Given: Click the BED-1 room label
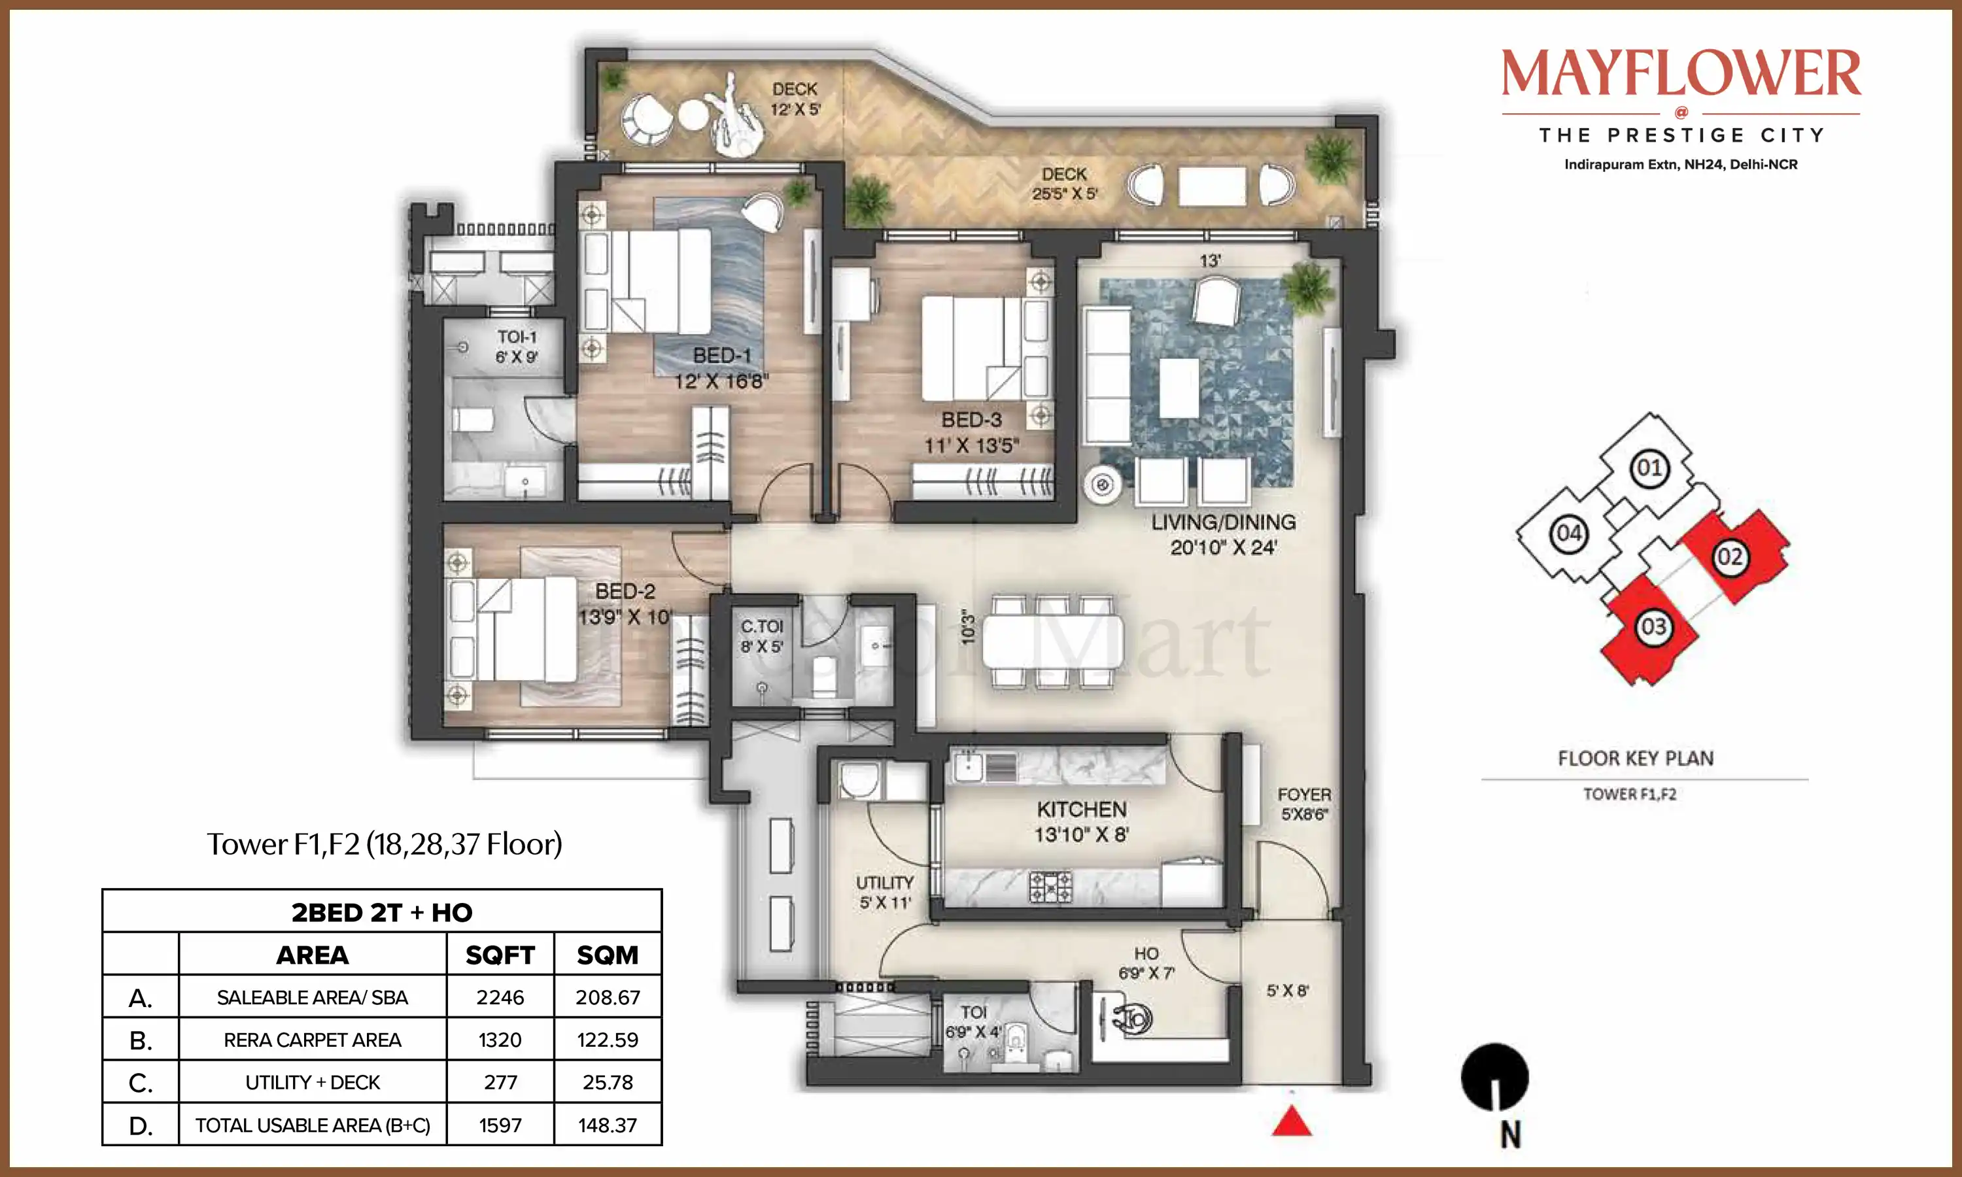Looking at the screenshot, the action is coord(721,355).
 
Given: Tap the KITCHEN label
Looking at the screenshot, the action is coord(1082,809).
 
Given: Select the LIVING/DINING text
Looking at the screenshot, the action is coord(1224,522).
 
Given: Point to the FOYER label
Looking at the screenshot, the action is coord(1304,794).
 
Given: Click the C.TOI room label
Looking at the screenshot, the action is coord(761,626).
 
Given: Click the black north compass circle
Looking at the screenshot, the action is coord(1494,1076).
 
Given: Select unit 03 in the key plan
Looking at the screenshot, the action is coord(1653,627).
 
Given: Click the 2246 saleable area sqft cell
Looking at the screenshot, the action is coord(500,997).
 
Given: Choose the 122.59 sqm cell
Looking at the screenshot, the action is coord(608,1040).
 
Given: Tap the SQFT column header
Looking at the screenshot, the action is coord(500,955).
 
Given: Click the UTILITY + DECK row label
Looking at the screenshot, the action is coord(313,1083).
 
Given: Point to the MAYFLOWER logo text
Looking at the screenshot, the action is coord(1681,73).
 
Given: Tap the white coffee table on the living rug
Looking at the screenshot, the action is coord(1179,387).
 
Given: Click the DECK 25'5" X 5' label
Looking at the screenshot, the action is coord(1064,183).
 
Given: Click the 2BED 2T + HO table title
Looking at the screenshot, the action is coord(381,912).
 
